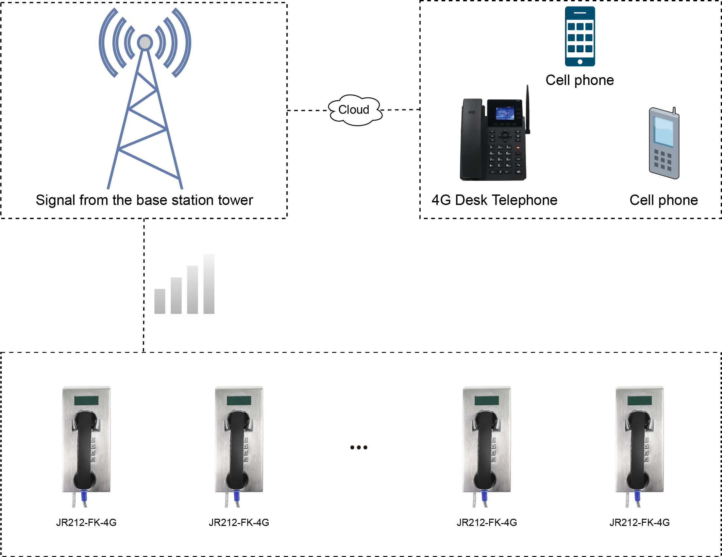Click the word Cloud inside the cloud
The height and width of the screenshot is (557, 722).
353,110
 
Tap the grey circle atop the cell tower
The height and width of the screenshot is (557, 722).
145,42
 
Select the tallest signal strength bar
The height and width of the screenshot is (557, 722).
208,285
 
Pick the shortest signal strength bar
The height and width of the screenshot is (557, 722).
161,302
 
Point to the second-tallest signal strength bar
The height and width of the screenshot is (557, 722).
192,290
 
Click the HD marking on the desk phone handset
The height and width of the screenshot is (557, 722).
472,112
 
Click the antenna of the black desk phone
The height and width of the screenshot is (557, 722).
528,109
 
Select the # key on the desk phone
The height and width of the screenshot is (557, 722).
508,165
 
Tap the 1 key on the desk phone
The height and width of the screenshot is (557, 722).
492,147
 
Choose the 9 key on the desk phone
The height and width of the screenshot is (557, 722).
508,159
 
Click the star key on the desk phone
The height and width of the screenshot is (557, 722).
492,165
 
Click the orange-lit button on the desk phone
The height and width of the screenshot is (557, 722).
518,148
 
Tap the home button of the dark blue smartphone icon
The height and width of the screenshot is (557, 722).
580,62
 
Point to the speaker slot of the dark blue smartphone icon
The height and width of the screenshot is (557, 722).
580,12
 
